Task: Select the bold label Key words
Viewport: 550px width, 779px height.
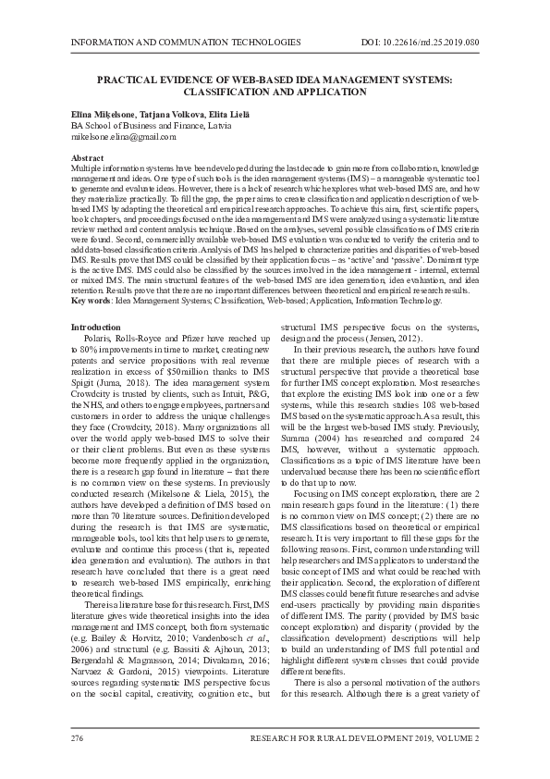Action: tap(91, 302)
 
